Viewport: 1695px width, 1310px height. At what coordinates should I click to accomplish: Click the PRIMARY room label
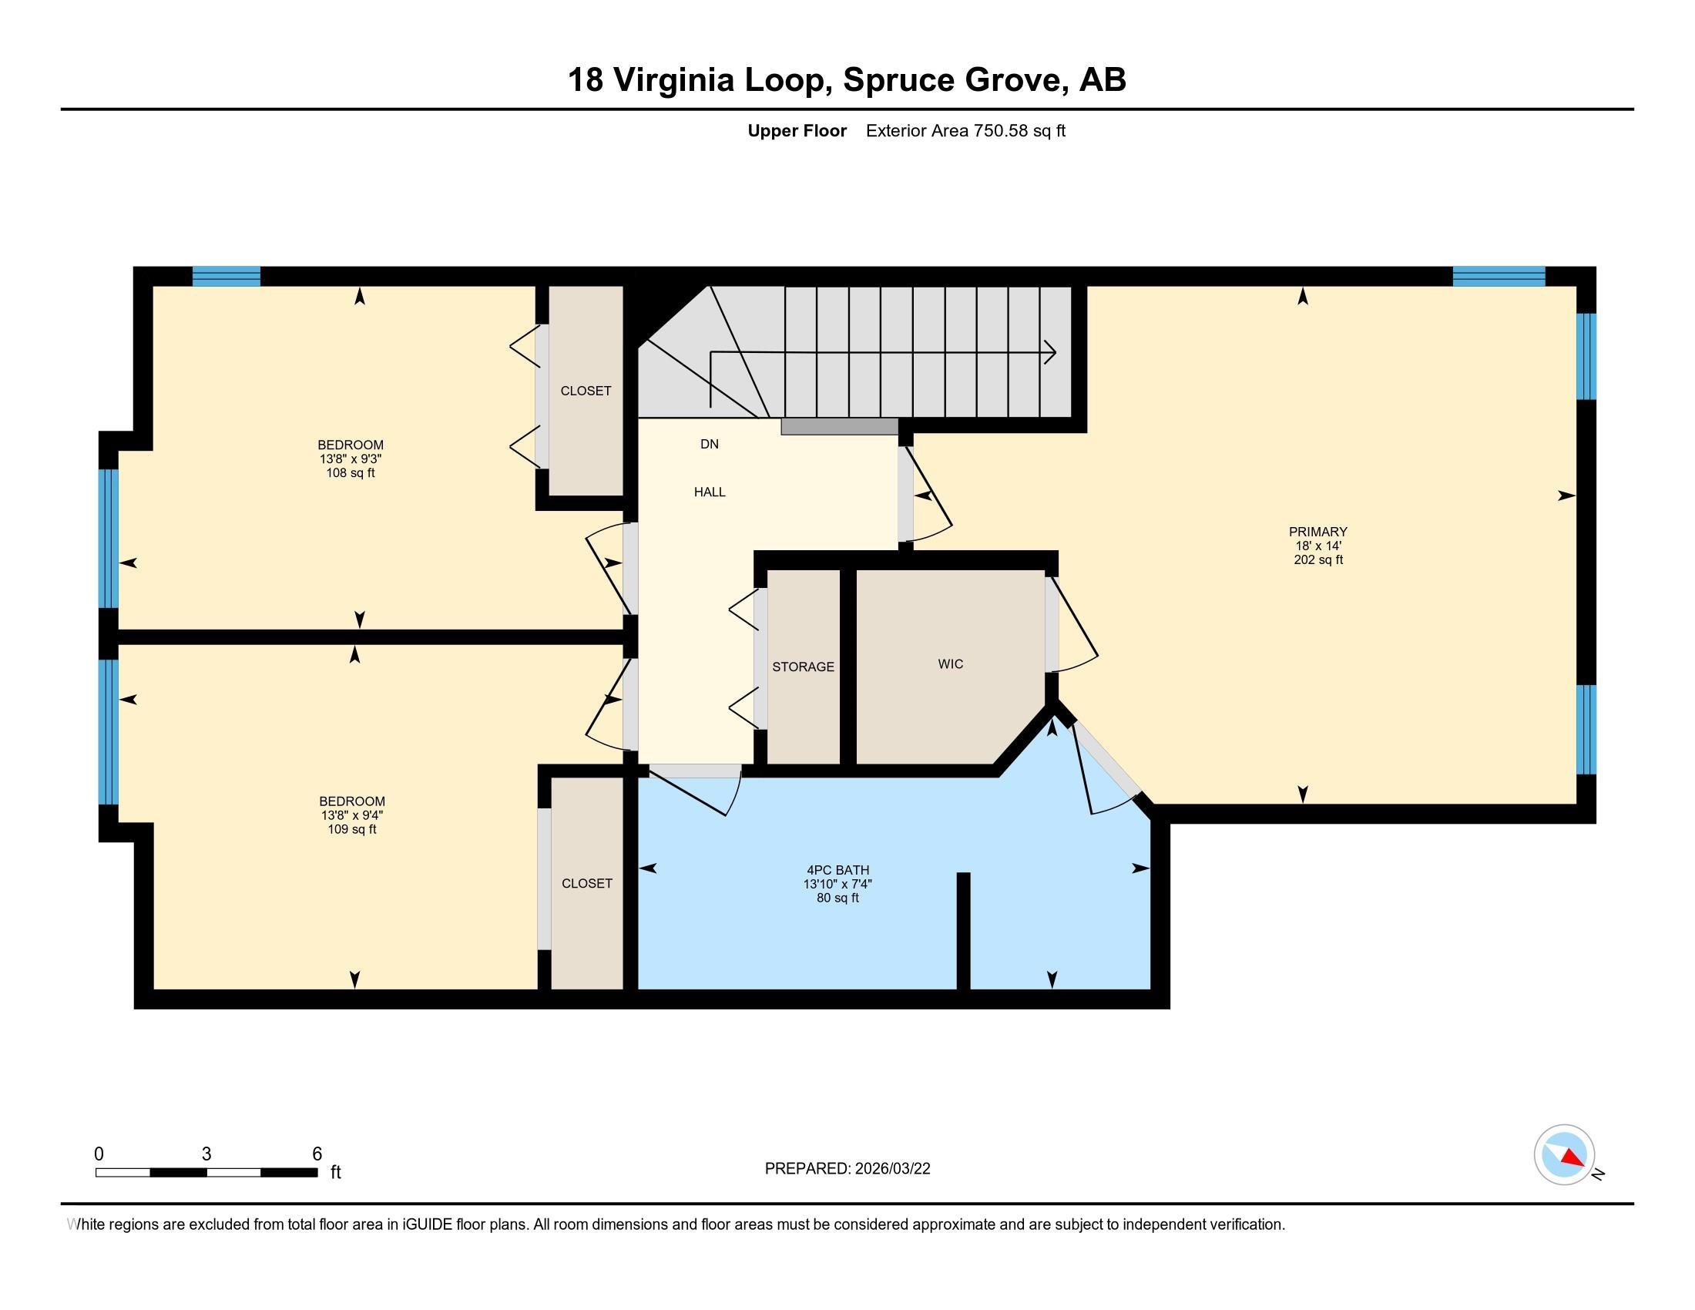coord(1317,532)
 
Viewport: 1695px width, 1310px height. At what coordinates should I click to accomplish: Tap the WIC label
coord(951,663)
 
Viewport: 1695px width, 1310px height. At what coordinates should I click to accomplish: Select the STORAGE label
coord(804,667)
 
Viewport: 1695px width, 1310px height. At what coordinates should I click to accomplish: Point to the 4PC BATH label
coord(838,870)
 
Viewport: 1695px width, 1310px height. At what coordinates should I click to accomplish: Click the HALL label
coord(710,492)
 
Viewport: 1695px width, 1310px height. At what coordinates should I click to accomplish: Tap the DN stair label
coord(710,444)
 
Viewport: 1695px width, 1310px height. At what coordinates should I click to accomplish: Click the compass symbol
coord(1565,1155)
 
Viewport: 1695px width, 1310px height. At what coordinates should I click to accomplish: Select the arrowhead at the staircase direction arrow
coord(1050,352)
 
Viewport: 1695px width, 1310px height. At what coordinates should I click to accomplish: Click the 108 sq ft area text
coord(351,472)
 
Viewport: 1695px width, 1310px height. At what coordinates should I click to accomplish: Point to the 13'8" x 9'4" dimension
coord(352,815)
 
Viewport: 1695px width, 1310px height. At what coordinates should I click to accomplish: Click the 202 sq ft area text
coord(1317,559)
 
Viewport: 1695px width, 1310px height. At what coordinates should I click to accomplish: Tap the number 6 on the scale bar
coord(317,1154)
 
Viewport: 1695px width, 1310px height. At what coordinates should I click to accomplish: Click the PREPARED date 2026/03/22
coord(891,1169)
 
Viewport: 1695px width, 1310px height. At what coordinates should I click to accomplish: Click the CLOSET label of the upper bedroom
coord(586,391)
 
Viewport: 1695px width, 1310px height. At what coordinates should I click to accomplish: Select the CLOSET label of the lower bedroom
coord(587,883)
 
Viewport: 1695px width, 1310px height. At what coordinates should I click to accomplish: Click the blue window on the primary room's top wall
coord(1499,277)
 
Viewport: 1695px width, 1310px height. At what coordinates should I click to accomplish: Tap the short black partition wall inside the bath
coord(963,931)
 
